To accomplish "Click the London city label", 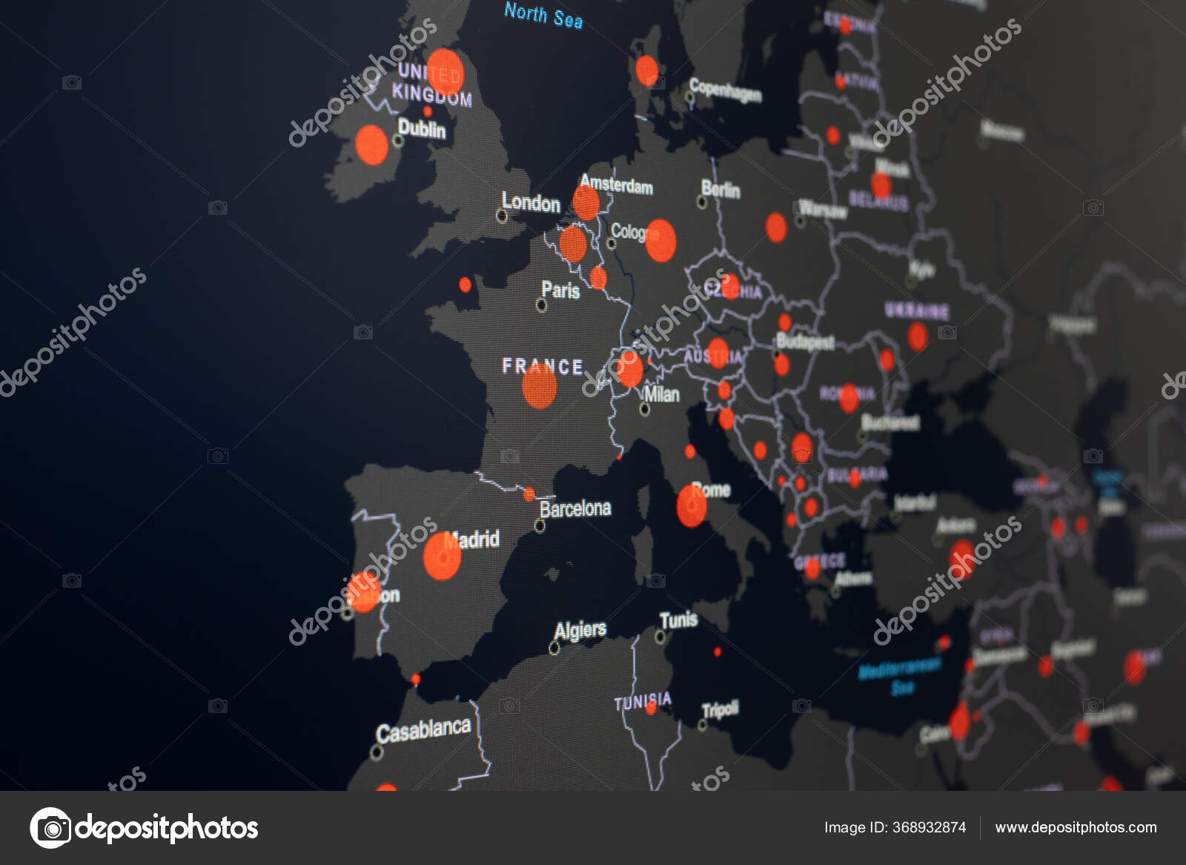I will click(531, 202).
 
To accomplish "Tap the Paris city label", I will click(560, 290).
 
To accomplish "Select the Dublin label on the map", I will click(422, 129).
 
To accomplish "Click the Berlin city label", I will click(720, 190).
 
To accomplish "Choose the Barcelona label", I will click(575, 508).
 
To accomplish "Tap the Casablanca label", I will click(423, 731).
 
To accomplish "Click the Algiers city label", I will click(580, 631).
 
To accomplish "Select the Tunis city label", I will click(678, 620).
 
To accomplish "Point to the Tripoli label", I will click(720, 710).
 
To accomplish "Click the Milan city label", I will click(661, 394).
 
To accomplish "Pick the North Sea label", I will click(543, 15).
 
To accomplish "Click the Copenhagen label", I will click(725, 90).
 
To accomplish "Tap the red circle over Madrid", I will click(443, 556).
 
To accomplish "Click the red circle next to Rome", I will click(692, 506).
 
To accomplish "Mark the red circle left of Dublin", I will click(371, 145).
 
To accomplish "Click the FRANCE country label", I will click(542, 366).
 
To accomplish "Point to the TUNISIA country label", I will click(643, 700).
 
